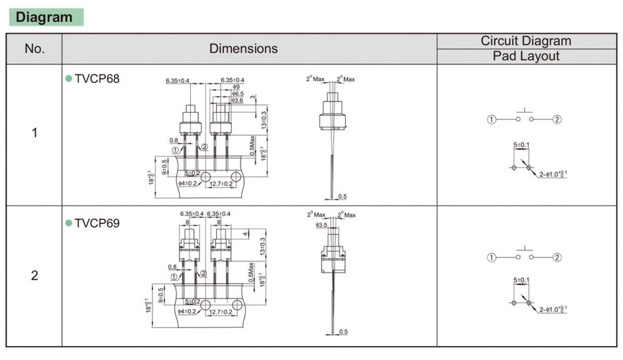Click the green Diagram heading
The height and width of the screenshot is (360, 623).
click(44, 17)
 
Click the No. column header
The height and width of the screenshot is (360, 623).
click(34, 48)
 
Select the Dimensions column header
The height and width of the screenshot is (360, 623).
click(243, 48)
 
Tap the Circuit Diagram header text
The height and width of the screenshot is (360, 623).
click(526, 40)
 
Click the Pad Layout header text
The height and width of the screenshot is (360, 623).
click(526, 56)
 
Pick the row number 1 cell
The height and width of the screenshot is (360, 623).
click(34, 133)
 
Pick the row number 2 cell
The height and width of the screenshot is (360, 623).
click(34, 275)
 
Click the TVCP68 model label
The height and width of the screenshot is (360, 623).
click(97, 79)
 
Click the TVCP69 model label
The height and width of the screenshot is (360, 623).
click(97, 223)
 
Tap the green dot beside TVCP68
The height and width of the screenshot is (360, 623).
click(68, 79)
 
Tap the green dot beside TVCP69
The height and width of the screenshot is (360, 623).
click(68, 223)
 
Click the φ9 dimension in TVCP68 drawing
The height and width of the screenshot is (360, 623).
click(236, 88)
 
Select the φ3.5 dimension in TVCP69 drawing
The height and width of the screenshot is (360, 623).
click(323, 225)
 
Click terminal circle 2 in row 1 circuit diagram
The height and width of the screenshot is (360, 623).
click(557, 119)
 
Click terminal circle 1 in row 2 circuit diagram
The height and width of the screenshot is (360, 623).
click(492, 257)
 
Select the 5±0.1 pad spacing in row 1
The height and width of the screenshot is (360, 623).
click(522, 145)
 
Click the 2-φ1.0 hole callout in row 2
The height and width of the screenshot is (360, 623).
click(553, 310)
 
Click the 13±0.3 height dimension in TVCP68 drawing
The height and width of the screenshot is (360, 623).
click(264, 119)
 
